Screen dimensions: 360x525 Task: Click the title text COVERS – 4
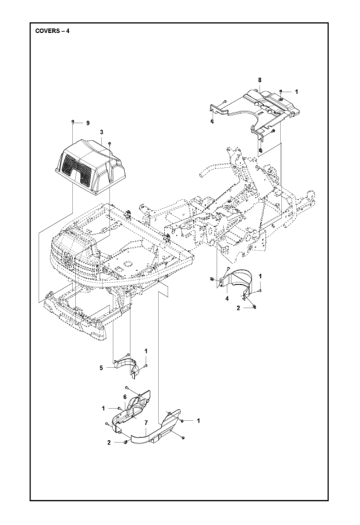tap(52, 32)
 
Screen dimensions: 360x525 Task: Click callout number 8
tap(260, 80)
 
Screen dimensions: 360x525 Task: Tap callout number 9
tap(88, 123)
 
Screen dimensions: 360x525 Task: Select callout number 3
tap(101, 133)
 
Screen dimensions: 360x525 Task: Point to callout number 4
tap(227, 299)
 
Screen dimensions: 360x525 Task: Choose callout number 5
tap(101, 368)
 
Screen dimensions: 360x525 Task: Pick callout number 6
tap(125, 397)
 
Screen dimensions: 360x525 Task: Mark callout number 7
tap(146, 423)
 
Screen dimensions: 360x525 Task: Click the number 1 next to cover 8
tap(296, 91)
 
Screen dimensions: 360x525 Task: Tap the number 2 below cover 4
tap(238, 308)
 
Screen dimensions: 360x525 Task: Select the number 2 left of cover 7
tap(109, 443)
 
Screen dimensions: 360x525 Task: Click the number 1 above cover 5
tap(146, 351)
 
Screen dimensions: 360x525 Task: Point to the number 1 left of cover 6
tap(104, 408)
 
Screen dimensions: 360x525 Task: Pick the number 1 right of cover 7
tap(198, 421)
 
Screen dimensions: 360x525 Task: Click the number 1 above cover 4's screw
tap(260, 276)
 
